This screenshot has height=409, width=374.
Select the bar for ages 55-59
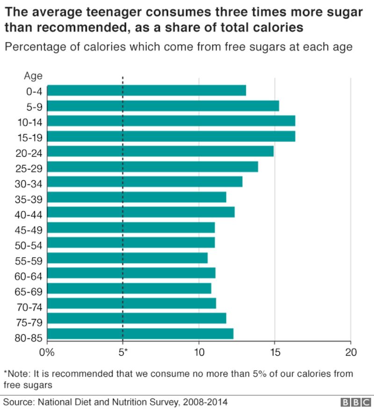point(127,258)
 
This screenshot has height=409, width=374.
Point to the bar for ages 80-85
point(140,334)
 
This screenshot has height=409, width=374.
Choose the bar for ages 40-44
point(141,212)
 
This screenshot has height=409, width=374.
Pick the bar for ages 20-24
point(160,151)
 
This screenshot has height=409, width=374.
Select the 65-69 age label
point(29,291)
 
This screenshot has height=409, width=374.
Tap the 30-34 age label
point(29,184)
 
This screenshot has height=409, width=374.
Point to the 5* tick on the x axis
point(123,352)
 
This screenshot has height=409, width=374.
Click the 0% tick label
point(48,352)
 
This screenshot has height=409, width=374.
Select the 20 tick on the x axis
point(350,352)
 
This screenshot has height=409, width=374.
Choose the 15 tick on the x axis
point(274,352)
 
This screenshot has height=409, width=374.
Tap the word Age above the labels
point(33,76)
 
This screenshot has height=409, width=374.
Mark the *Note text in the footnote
point(17,374)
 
